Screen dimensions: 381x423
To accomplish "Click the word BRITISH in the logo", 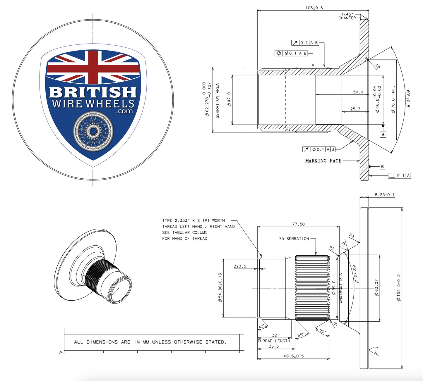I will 93,92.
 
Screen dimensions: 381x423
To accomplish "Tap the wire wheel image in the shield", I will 93,131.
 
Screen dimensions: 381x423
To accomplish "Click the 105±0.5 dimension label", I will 314,8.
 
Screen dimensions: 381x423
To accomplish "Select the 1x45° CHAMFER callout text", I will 347,16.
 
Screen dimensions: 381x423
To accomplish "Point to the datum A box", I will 383,134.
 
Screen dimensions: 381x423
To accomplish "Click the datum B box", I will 382,166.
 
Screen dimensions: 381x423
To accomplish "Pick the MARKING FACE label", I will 323,161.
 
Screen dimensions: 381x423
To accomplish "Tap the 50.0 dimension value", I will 358,92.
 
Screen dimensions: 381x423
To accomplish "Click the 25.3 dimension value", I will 355,109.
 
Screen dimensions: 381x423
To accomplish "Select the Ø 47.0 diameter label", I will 229,99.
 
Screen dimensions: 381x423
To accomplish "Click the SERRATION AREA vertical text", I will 217,101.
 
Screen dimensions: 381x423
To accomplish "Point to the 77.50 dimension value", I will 298,224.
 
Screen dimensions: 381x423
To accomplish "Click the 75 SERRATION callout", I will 294,239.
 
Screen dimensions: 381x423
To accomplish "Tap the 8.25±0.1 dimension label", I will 384,195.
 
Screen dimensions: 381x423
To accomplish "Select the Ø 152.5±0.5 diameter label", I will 399,287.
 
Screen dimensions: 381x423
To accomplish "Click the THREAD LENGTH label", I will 274,341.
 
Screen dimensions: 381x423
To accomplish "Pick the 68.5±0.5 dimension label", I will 294,356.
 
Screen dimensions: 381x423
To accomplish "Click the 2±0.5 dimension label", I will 240,266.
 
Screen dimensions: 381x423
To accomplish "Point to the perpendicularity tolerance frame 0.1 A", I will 400,175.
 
